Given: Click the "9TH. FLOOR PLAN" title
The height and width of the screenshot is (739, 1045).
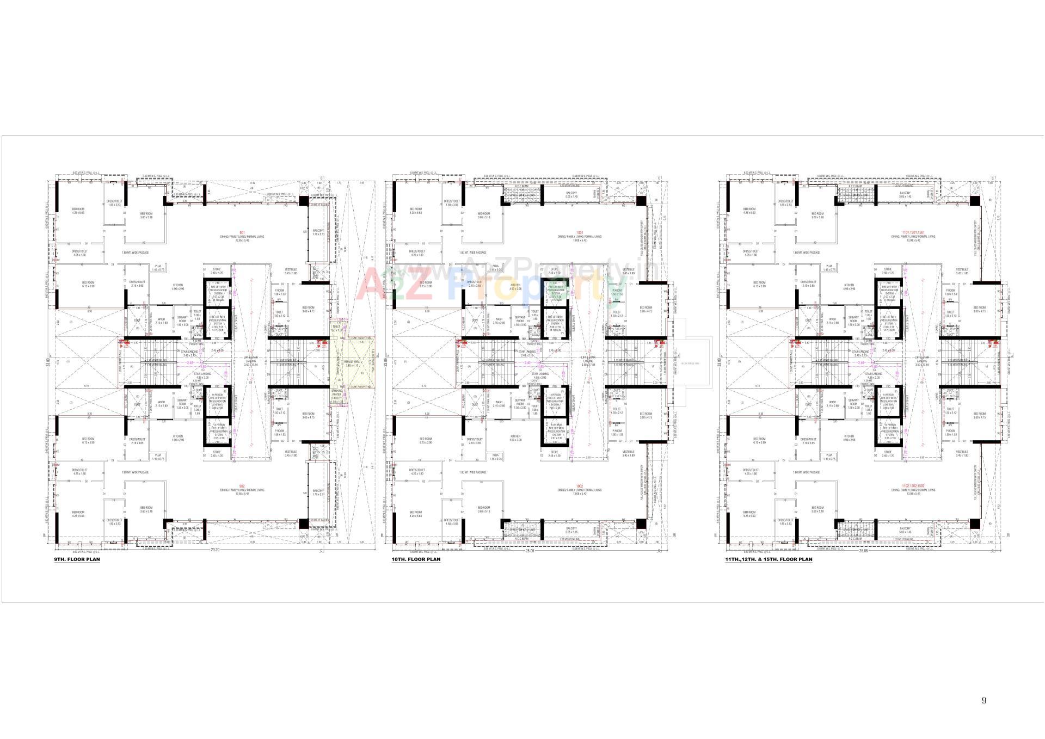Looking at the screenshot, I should (77, 559).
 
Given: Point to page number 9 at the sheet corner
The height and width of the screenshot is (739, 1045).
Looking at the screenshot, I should (983, 700).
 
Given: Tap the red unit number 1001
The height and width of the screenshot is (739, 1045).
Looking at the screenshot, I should (579, 233).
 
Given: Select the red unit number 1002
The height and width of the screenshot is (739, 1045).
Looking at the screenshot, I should (579, 486).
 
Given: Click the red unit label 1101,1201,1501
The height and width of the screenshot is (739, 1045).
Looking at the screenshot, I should (913, 233).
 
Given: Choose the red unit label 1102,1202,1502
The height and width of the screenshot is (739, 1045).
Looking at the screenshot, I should (913, 486).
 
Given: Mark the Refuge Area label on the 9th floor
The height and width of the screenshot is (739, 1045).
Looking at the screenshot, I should (352, 362).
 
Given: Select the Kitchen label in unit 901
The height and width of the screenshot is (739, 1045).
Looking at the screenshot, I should (178, 285).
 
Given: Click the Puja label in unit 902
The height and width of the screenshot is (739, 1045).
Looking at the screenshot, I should (158, 454).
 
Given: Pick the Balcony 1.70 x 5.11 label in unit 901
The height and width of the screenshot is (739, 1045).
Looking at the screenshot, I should (318, 232).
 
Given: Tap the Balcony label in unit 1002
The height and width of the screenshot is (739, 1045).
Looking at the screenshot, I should (571, 528).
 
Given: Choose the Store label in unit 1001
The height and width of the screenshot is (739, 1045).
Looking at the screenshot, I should (554, 269).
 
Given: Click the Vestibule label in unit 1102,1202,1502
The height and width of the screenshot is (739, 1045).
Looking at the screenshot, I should (962, 452).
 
